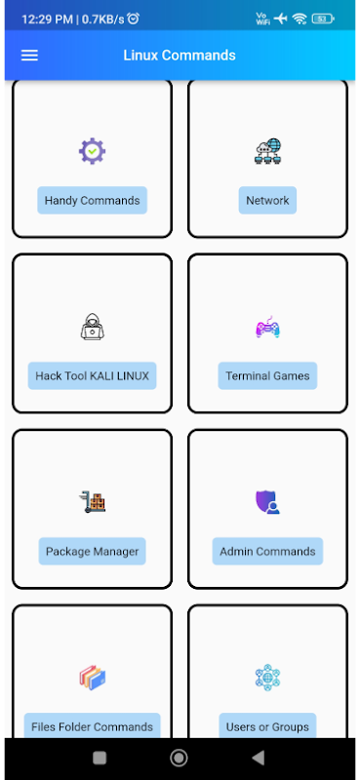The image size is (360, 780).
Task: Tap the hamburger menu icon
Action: pyautogui.click(x=29, y=56)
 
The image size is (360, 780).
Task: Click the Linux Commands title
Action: pyautogui.click(x=180, y=56)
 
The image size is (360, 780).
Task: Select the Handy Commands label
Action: pyautogui.click(x=92, y=201)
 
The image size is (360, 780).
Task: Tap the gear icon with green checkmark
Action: pyautogui.click(x=92, y=151)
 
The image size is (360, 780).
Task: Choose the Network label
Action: pyautogui.click(x=267, y=201)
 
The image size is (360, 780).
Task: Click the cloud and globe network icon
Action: pyautogui.click(x=267, y=151)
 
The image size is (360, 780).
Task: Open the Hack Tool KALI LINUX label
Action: pyautogui.click(x=92, y=376)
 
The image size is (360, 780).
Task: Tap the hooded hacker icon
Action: pyautogui.click(x=92, y=327)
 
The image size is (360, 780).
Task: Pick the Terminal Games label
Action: pyautogui.click(x=267, y=376)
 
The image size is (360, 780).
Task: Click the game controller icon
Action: pyautogui.click(x=267, y=327)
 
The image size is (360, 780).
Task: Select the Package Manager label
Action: pyautogui.click(x=92, y=552)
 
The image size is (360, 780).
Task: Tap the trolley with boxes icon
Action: pyautogui.click(x=92, y=502)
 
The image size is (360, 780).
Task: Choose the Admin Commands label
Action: pyautogui.click(x=267, y=552)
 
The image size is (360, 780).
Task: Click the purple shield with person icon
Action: pyautogui.click(x=267, y=502)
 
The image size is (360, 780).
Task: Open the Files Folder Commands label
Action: pyautogui.click(x=92, y=725)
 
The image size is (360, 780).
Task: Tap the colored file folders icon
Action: pyautogui.click(x=92, y=678)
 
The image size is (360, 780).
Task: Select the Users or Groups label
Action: pyautogui.click(x=267, y=725)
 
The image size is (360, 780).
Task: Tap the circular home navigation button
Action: pyautogui.click(x=179, y=758)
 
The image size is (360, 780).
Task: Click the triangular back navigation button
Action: pyautogui.click(x=258, y=758)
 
